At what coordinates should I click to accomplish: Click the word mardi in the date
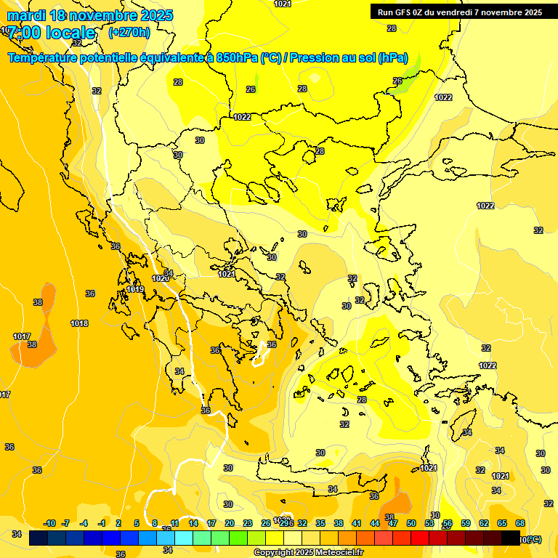[x=25, y=15]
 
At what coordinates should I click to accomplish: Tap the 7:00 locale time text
[x=51, y=33]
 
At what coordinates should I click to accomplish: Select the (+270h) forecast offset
[x=129, y=32]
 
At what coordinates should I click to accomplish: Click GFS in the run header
[x=405, y=12]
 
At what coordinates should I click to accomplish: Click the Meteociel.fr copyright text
[x=309, y=552]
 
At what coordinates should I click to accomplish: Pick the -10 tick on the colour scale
[x=49, y=523]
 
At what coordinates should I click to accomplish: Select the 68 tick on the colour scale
[x=520, y=523]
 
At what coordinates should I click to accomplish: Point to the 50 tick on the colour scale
[x=411, y=523]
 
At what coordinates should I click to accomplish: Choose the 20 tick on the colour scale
[x=230, y=523]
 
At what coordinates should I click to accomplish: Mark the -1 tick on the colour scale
[x=102, y=523]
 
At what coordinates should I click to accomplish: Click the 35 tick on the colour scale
[x=320, y=523]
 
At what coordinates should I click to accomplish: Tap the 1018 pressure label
[x=79, y=323]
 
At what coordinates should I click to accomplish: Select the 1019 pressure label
[x=135, y=289]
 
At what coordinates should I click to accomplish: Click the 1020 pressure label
[x=161, y=278]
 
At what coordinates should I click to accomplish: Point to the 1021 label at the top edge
[x=283, y=4]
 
